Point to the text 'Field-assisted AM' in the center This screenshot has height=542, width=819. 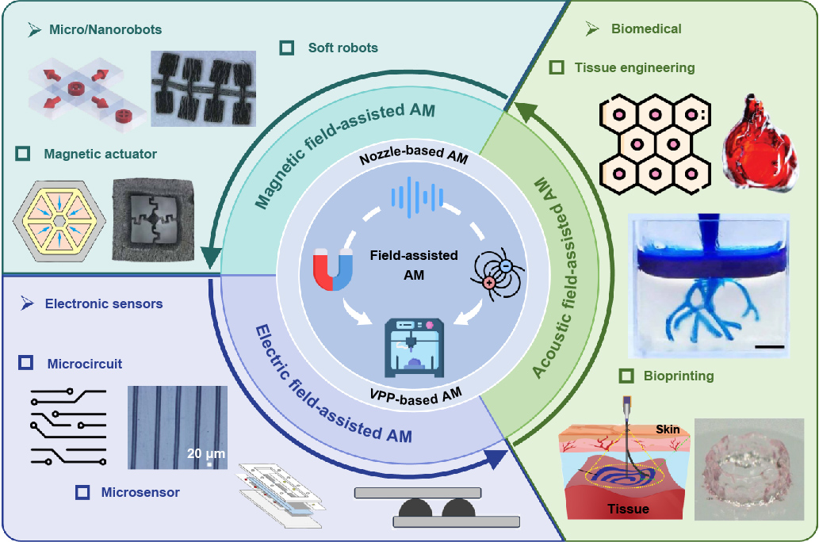(x=413, y=265)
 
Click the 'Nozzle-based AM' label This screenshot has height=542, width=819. (x=413, y=158)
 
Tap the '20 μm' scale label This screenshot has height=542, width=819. (x=205, y=453)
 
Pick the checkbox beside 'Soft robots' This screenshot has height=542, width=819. (x=287, y=48)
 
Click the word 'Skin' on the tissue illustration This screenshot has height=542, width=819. (x=667, y=429)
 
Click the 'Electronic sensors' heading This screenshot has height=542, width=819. (x=103, y=303)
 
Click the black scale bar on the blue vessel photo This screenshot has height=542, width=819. (x=769, y=346)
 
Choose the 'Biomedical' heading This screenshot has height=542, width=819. (x=645, y=29)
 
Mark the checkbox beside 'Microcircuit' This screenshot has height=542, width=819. (x=26, y=364)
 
